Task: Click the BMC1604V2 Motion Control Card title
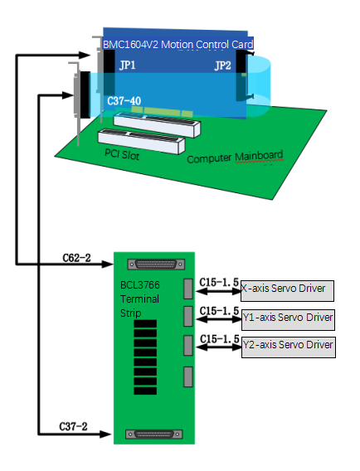[178, 45]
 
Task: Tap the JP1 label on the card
[128, 65]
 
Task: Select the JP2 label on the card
[222, 66]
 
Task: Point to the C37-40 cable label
[124, 100]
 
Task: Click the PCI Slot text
[122, 154]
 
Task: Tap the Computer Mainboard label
[235, 157]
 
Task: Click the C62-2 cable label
[76, 258]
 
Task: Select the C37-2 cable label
[73, 426]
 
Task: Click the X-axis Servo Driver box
[287, 291]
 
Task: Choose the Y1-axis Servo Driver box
[288, 320]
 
